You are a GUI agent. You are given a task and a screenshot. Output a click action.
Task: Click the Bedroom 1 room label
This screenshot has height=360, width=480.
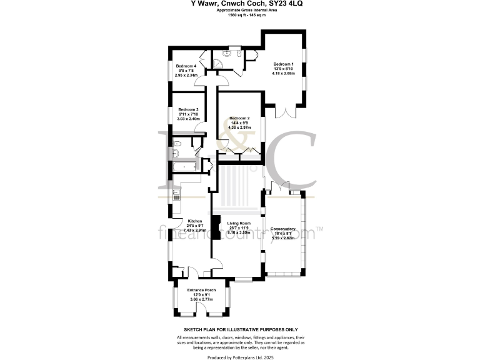[x=283, y=64]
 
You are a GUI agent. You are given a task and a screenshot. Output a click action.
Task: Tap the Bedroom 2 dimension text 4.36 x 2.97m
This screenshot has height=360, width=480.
[x=239, y=127]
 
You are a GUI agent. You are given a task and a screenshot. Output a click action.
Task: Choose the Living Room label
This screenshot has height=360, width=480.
[x=239, y=223]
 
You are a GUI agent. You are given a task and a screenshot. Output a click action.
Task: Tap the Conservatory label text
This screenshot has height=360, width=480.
[x=282, y=229]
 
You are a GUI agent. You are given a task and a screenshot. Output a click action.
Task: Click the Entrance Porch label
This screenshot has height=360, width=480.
[x=202, y=291]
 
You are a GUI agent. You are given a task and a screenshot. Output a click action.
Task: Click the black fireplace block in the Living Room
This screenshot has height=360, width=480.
[x=216, y=228]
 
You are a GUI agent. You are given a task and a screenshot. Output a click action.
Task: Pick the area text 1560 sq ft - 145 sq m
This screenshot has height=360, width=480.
[x=241, y=15]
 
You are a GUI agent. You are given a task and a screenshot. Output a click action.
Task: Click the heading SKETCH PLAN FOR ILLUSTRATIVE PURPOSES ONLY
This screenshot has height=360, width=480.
[x=240, y=329]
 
